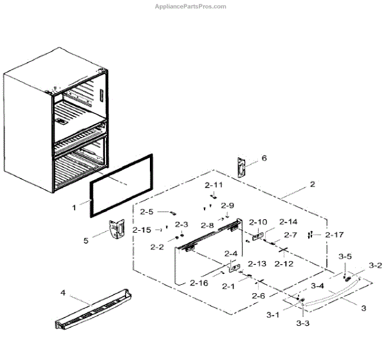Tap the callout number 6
[x=263, y=157]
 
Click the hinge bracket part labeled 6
[x=241, y=166]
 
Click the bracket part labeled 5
[x=116, y=229]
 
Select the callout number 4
[x=63, y=293]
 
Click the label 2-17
[x=335, y=235]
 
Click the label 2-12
[x=284, y=264]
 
